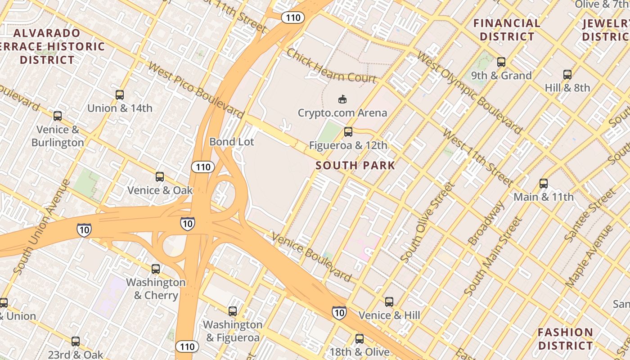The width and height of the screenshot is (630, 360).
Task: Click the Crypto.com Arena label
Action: [x=342, y=112]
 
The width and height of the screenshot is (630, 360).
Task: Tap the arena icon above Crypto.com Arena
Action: [x=342, y=99]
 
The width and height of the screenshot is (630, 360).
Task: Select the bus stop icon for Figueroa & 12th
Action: [x=348, y=132]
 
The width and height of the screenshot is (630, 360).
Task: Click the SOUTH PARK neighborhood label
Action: [x=355, y=165]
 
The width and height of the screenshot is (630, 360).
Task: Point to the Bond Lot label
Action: [x=232, y=142]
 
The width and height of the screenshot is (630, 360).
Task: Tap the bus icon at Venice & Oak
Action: [x=160, y=177]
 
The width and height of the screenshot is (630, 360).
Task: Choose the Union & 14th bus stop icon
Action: [x=120, y=95]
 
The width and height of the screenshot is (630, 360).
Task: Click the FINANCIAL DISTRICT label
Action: [x=507, y=30]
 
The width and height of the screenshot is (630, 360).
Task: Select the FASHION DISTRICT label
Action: [x=565, y=339]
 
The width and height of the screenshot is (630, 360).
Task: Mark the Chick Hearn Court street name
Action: [x=331, y=67]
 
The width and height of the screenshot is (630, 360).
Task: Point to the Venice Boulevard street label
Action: [x=311, y=256]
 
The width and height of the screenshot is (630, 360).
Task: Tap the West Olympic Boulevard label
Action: [x=469, y=92]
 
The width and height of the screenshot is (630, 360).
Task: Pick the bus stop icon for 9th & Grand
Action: [x=501, y=62]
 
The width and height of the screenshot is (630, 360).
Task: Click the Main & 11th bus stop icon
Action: [x=544, y=184]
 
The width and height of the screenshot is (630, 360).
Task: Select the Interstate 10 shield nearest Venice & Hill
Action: [x=339, y=312]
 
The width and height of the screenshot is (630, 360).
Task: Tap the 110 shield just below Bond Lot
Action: [x=203, y=167]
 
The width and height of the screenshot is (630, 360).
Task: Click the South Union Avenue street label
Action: [x=42, y=227]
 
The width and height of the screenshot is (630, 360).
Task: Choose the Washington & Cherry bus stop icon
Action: [x=156, y=269]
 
